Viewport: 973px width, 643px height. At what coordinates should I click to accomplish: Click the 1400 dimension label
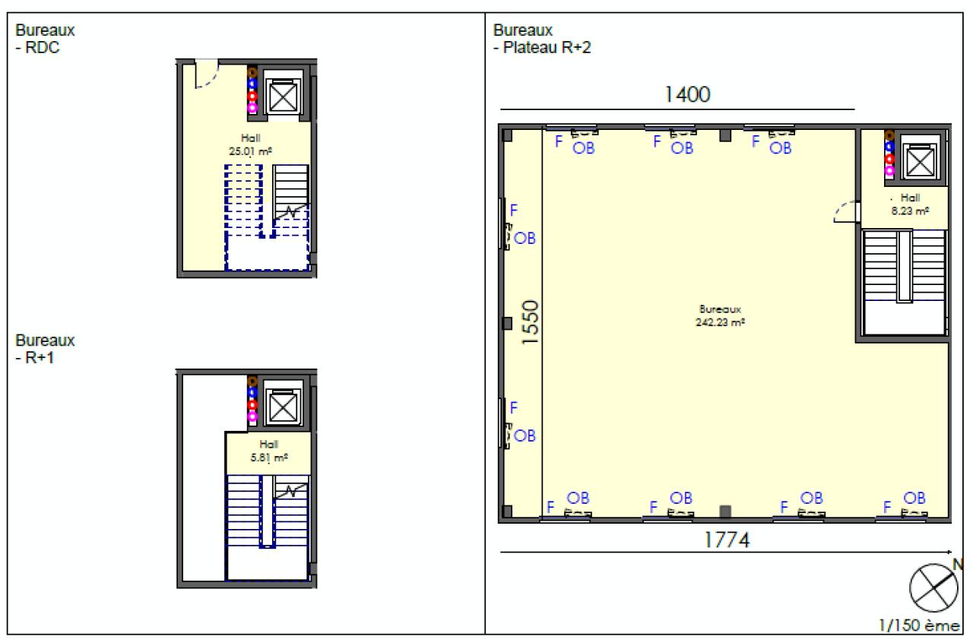(688, 95)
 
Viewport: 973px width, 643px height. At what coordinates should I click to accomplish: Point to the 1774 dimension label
(727, 540)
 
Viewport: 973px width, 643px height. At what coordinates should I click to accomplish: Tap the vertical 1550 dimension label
(530, 322)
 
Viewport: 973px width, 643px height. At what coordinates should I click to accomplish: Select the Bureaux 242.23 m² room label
(720, 316)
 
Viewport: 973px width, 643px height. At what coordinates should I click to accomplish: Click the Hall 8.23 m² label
(911, 204)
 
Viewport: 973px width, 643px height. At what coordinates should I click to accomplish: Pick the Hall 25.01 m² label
(251, 144)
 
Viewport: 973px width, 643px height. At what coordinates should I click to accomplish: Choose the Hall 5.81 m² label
(269, 451)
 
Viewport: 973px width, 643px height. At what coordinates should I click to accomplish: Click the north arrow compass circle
(933, 588)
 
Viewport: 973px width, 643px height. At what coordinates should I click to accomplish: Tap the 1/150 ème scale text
(919, 626)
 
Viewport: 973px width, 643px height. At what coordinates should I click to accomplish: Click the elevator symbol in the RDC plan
(284, 97)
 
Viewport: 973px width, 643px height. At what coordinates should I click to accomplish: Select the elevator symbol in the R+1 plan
(284, 407)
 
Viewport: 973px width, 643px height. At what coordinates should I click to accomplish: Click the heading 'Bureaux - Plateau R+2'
(542, 39)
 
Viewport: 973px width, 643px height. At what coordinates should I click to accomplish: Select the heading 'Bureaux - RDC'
(45, 39)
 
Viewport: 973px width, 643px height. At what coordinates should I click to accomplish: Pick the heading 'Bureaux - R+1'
(45, 349)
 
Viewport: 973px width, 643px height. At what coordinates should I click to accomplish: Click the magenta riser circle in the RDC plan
(252, 108)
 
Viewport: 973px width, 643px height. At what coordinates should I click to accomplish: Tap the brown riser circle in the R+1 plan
(252, 381)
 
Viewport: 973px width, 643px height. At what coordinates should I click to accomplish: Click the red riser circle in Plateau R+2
(889, 159)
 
